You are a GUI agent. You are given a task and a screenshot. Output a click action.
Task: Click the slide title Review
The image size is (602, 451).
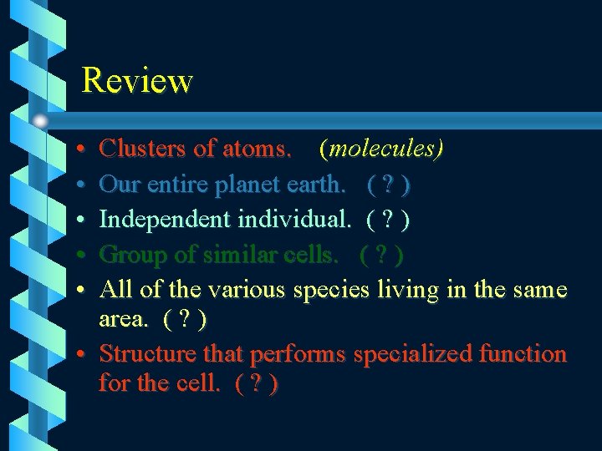tap(137, 81)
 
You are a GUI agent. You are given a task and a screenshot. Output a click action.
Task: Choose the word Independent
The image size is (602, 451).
tap(166, 220)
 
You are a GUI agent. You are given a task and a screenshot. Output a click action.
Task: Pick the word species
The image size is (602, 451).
tap(329, 290)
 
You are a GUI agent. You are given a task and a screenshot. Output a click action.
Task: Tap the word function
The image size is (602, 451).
tap(523, 354)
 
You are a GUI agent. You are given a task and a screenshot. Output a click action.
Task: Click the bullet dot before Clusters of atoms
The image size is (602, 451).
tap(77, 150)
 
